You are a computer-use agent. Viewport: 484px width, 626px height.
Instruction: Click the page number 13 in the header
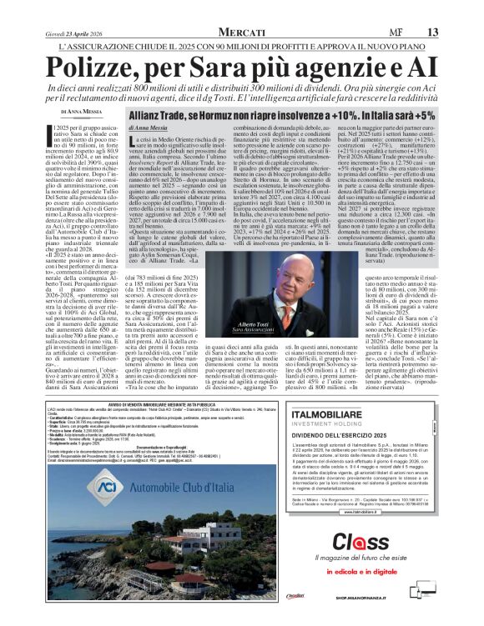coord(432,31)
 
